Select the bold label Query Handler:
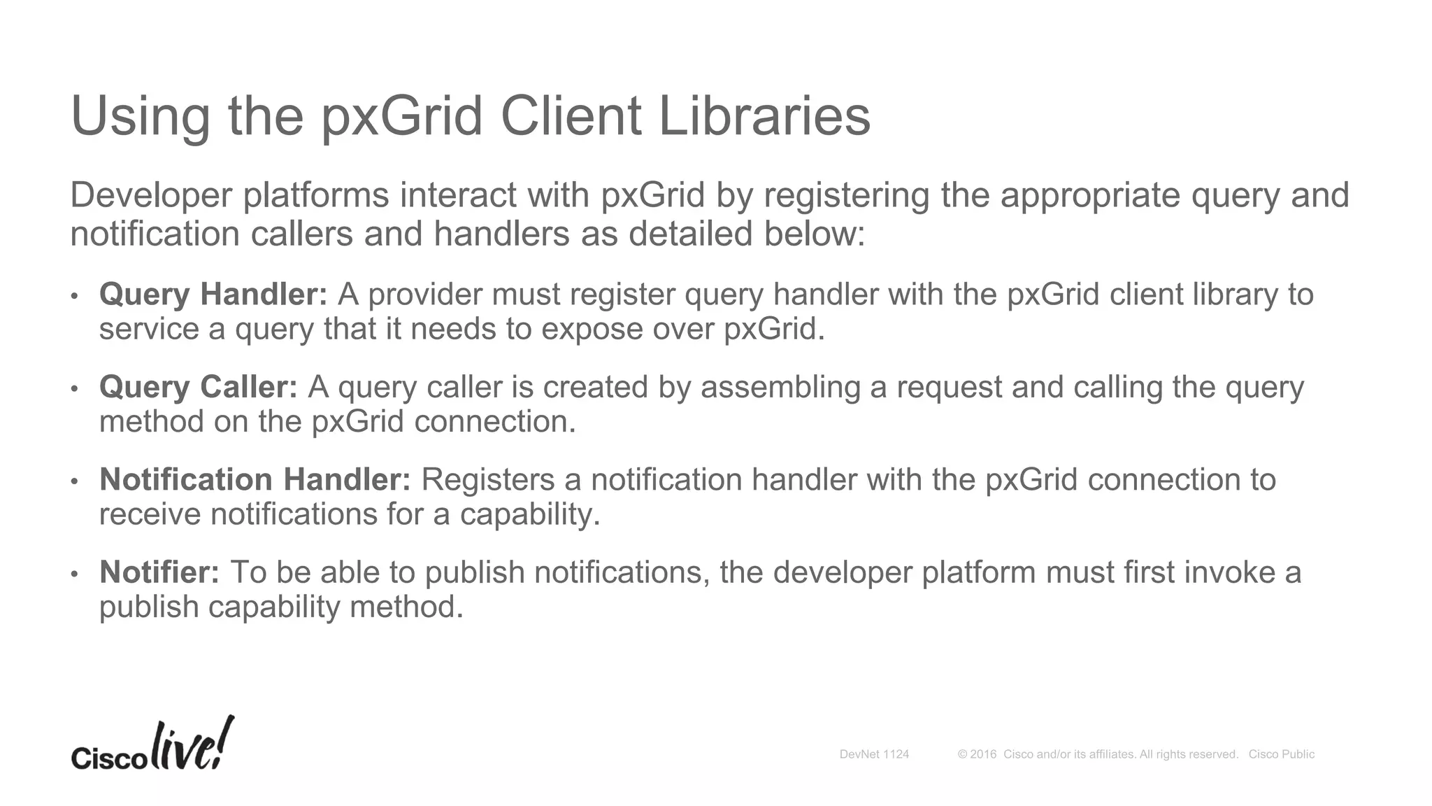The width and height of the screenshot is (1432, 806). tap(213, 295)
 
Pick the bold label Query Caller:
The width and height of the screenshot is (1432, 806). tap(199, 387)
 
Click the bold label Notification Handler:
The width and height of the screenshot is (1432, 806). tap(255, 480)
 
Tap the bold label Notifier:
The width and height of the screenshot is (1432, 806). tap(159, 572)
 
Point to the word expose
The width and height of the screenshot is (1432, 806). tap(592, 329)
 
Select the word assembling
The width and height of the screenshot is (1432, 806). tap(780, 387)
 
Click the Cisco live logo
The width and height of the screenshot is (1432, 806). tap(152, 746)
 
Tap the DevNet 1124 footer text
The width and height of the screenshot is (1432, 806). tap(874, 754)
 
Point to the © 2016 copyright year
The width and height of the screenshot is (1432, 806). tap(977, 754)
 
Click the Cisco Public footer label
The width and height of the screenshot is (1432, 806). tap(1281, 754)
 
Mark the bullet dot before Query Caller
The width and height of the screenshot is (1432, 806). tap(74, 389)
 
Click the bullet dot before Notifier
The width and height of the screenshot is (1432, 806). tap(74, 574)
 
